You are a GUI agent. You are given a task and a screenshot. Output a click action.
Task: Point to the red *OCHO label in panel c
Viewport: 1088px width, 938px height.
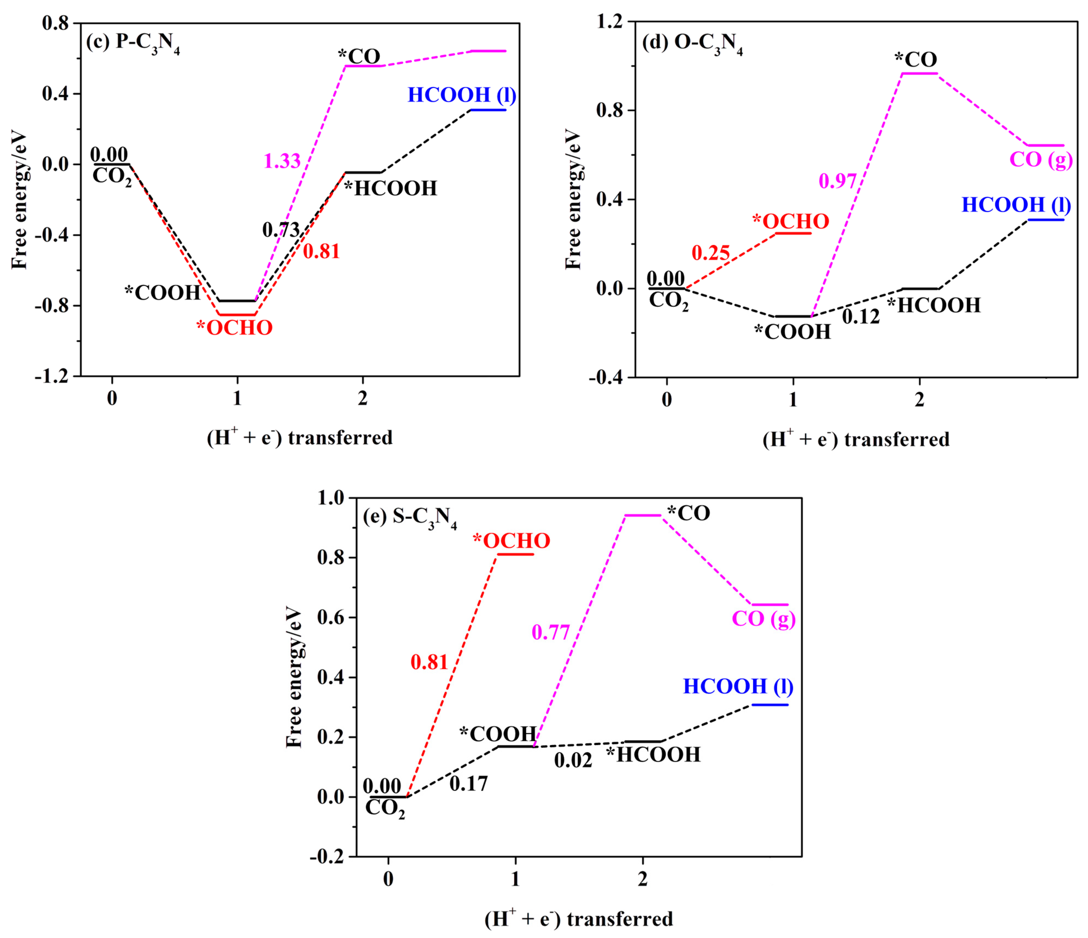pos(235,328)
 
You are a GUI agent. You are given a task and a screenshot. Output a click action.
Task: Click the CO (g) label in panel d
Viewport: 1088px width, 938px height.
pos(1041,160)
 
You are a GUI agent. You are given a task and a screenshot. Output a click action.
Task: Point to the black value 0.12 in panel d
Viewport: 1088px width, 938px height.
pos(861,317)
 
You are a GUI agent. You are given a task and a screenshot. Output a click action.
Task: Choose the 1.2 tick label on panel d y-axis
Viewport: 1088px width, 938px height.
pos(610,22)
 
